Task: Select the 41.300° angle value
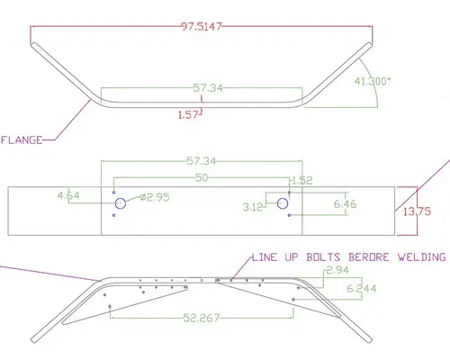tap(373, 82)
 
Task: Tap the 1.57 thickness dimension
tap(188, 113)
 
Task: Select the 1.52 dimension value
tap(303, 180)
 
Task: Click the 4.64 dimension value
tap(68, 194)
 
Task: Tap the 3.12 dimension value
tap(253, 207)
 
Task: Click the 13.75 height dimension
tap(417, 211)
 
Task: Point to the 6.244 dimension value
tap(359, 289)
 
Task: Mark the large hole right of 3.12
tap(283, 204)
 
